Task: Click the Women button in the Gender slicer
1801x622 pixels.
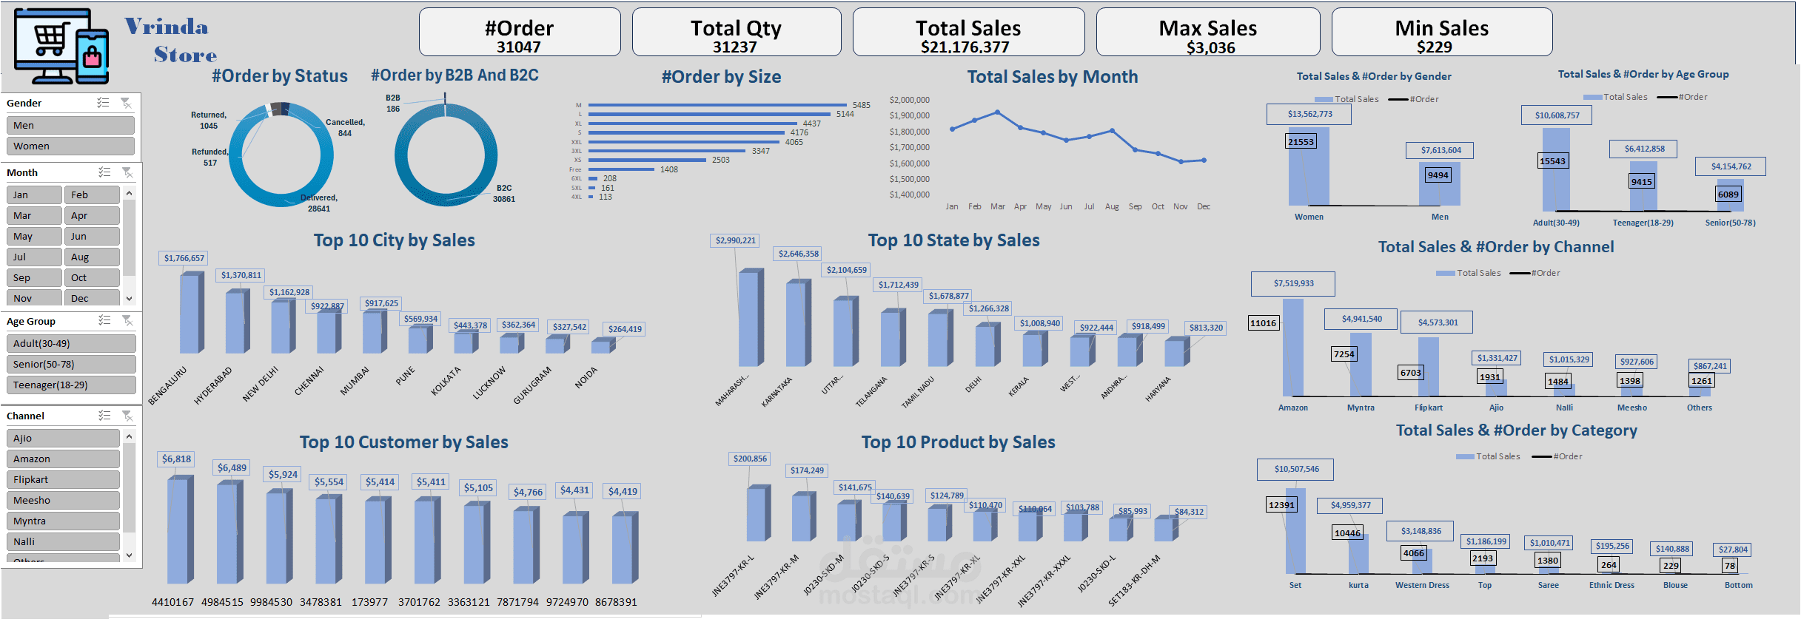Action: tap(70, 146)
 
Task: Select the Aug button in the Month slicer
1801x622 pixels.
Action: tap(92, 257)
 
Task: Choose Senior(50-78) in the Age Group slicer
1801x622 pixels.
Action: tap(70, 365)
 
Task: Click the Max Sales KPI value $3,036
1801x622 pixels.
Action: tap(1210, 48)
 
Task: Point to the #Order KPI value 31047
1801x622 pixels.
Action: tap(518, 47)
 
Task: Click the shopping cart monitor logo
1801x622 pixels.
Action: tap(61, 46)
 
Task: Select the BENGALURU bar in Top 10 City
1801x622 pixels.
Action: tap(191, 313)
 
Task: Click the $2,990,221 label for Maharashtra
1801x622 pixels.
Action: tap(735, 240)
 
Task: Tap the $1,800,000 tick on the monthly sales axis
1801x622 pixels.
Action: tap(909, 132)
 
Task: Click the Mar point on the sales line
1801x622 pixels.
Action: tap(998, 112)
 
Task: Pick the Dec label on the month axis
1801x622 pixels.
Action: tap(1204, 207)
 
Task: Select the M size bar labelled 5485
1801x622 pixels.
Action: tap(717, 105)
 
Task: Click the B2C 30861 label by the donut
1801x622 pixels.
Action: tap(504, 194)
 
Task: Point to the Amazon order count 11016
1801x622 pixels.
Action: tap(1263, 323)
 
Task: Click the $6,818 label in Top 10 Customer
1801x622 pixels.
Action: tap(176, 459)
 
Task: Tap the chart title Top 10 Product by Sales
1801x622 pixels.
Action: tap(958, 442)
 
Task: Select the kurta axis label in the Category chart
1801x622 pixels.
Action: tap(1358, 586)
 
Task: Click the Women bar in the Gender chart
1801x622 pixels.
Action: tap(1308, 166)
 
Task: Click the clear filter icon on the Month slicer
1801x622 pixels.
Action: tap(127, 172)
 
